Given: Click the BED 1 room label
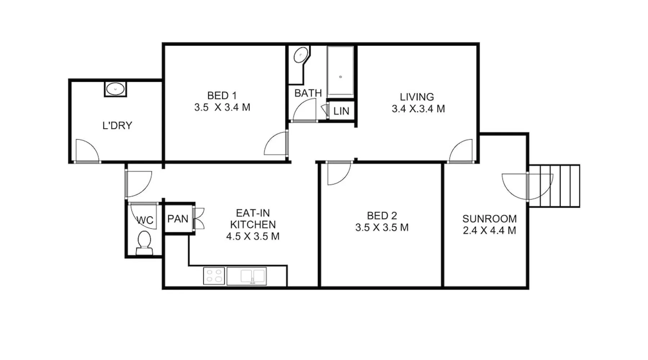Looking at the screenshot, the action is (x=222, y=96).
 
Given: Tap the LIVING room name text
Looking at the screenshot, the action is (x=417, y=97).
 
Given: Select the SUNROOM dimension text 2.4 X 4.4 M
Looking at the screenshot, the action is (x=489, y=230).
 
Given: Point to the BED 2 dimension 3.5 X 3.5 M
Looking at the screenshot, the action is (x=382, y=228).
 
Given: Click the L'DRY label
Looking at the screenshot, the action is (x=117, y=125).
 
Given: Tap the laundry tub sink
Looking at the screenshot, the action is (x=116, y=89).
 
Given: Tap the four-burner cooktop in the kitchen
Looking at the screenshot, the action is (x=214, y=276).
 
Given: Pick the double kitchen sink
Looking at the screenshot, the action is (x=247, y=276).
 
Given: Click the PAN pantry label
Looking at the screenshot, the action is (x=178, y=219).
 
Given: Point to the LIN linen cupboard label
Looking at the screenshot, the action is (x=341, y=111).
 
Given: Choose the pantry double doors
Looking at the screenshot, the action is (x=198, y=219).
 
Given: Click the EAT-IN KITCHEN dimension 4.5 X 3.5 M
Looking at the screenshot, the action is (x=253, y=237).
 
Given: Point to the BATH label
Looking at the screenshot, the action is (x=308, y=93).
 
